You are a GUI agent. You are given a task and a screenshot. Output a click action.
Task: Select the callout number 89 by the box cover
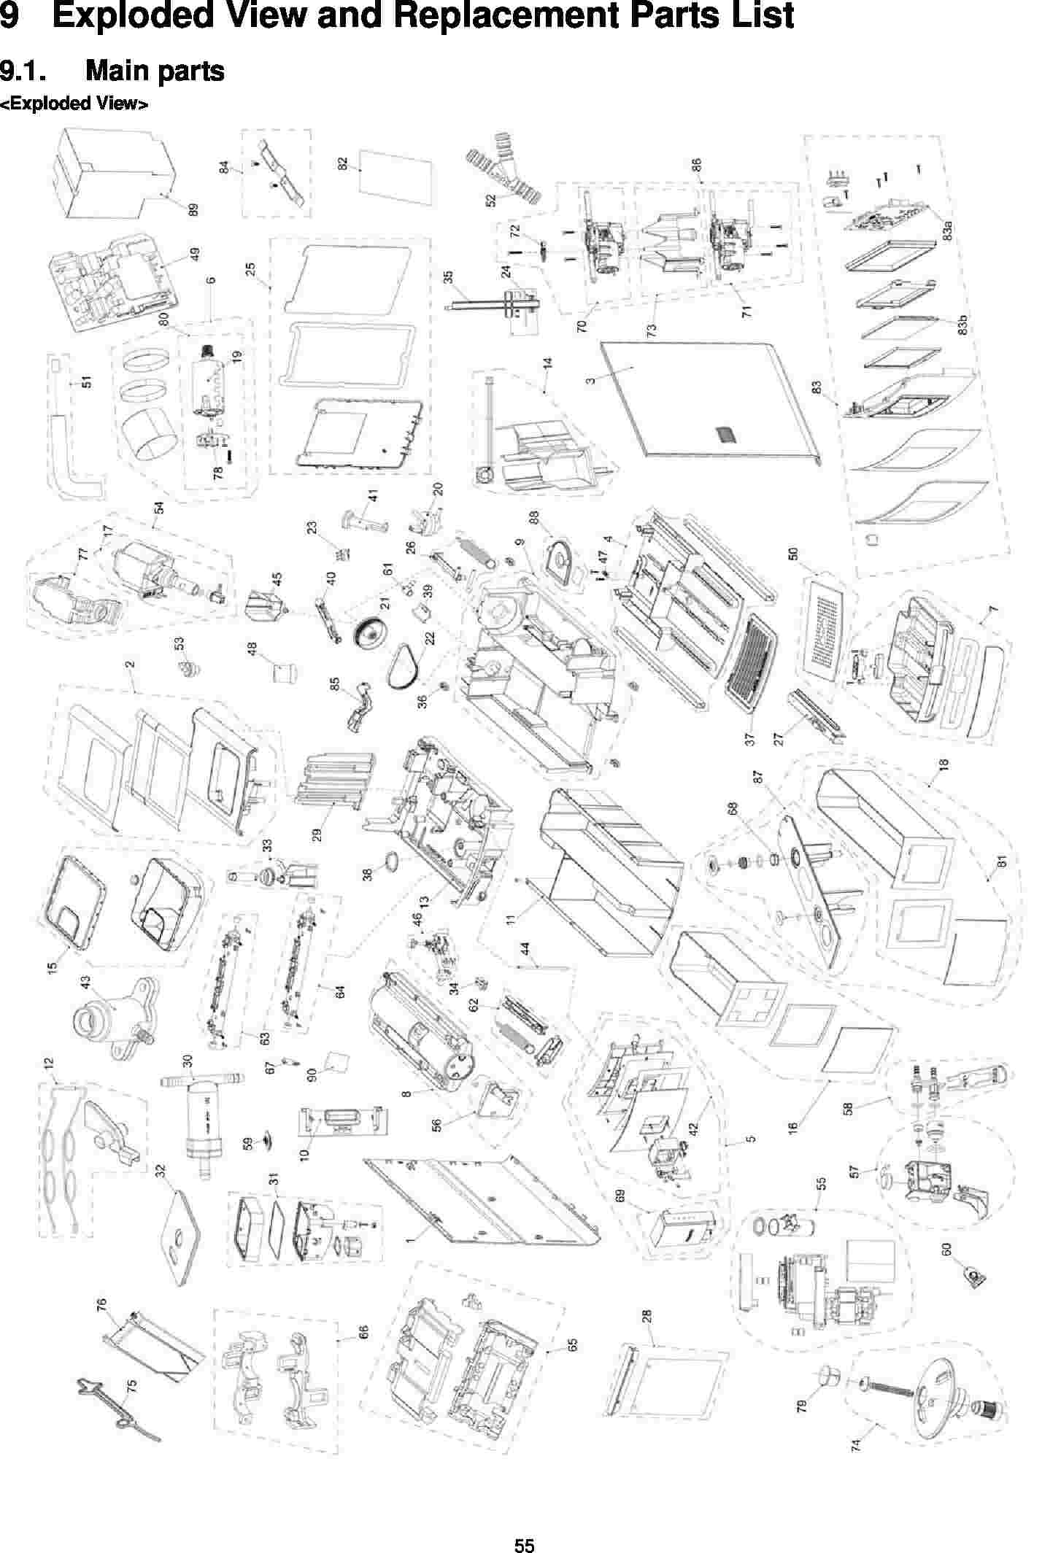pyautogui.click(x=193, y=209)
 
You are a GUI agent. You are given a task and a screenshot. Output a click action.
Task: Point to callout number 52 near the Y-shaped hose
pyautogui.click(x=492, y=197)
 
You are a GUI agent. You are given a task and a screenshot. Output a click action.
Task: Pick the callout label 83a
pyautogui.click(x=948, y=231)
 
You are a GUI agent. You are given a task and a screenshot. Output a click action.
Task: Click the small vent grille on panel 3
pyautogui.click(x=725, y=435)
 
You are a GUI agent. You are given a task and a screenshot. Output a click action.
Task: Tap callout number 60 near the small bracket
pyautogui.click(x=947, y=1249)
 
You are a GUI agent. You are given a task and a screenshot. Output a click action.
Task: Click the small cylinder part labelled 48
pyautogui.click(x=283, y=670)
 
